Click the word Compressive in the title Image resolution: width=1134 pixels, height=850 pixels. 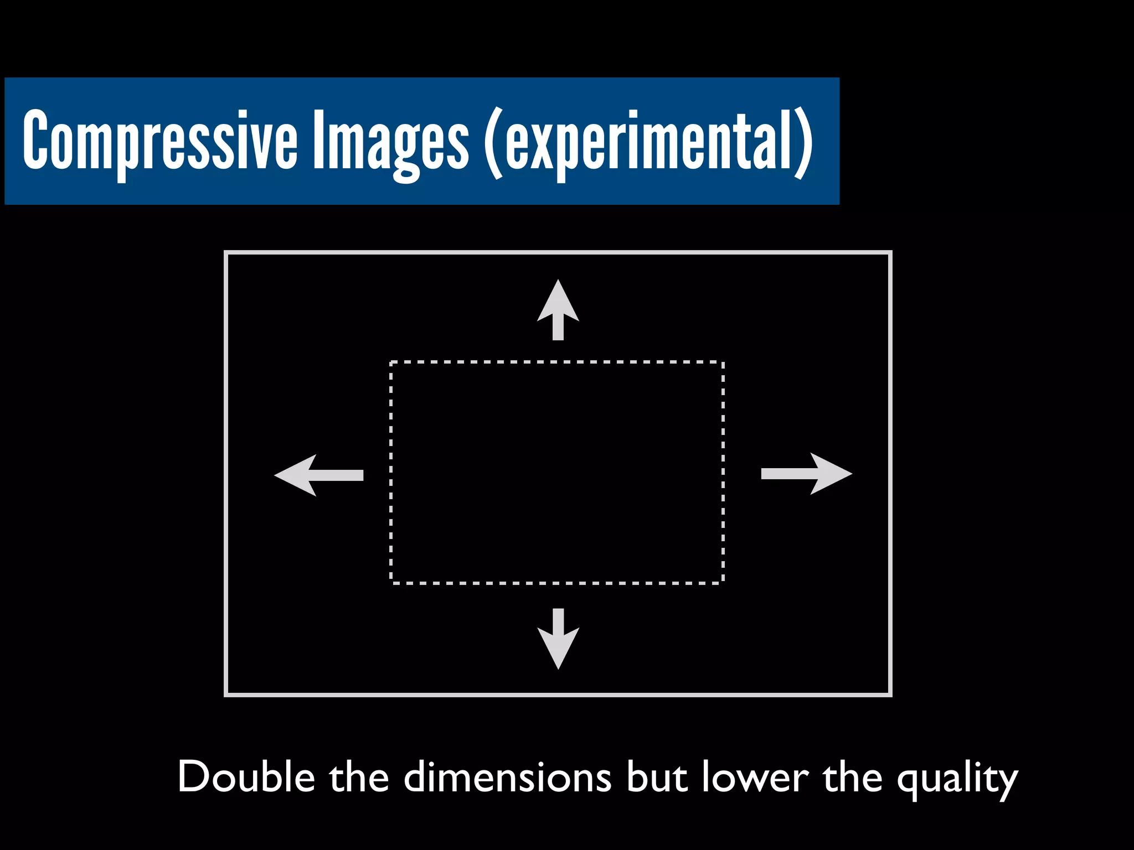(161, 139)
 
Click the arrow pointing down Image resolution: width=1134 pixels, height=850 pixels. (558, 640)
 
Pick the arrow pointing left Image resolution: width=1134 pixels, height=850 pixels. (318, 475)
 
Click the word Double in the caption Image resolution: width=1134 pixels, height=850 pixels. (246, 777)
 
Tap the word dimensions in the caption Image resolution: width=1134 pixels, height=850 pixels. (507, 777)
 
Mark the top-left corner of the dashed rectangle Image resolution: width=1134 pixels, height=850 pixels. (391, 362)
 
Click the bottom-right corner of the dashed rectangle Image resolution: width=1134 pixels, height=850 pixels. (723, 583)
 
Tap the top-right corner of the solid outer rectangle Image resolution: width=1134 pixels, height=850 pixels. (890, 253)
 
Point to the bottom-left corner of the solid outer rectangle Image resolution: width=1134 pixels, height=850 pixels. (226, 694)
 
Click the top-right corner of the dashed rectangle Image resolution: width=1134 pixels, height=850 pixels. (723, 362)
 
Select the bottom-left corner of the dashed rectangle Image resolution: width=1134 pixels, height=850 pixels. (391, 583)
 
